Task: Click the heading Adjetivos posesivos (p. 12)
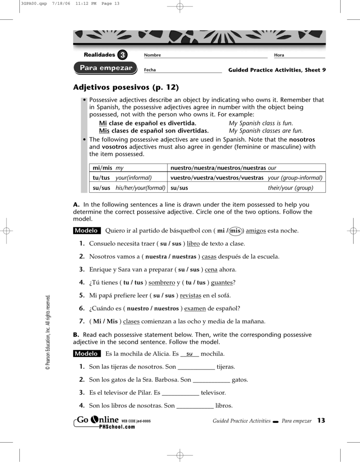pos(126,87)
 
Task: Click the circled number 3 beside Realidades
pos(122,55)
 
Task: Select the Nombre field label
pos(152,55)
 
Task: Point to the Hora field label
pos(279,55)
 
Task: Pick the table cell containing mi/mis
pos(128,168)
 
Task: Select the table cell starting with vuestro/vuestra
pos(246,178)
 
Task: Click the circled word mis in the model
pos(235,231)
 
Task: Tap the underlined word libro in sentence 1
pos(193,244)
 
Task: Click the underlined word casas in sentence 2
pos(209,257)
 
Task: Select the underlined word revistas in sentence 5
pos(190,296)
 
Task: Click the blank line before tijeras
pos(196,367)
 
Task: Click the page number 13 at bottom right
pos(321,421)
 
